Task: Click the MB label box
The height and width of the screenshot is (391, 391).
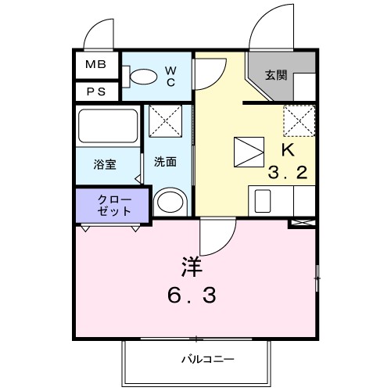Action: coord(96,64)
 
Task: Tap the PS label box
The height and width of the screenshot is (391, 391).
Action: coord(96,91)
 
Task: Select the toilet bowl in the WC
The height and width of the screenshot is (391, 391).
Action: coord(142,76)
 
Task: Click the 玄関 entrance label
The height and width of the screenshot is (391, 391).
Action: coord(274,76)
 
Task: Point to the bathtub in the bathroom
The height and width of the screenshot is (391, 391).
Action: coord(108,126)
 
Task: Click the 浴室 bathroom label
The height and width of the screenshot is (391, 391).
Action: coord(105,164)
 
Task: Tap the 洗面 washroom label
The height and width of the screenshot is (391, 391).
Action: coord(164,163)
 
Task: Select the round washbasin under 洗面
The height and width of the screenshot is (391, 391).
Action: coord(168,202)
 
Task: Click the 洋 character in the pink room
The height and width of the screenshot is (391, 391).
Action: coord(192,267)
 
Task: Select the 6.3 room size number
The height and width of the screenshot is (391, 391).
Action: coord(192,296)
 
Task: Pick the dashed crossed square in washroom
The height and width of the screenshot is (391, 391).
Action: coord(165,118)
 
